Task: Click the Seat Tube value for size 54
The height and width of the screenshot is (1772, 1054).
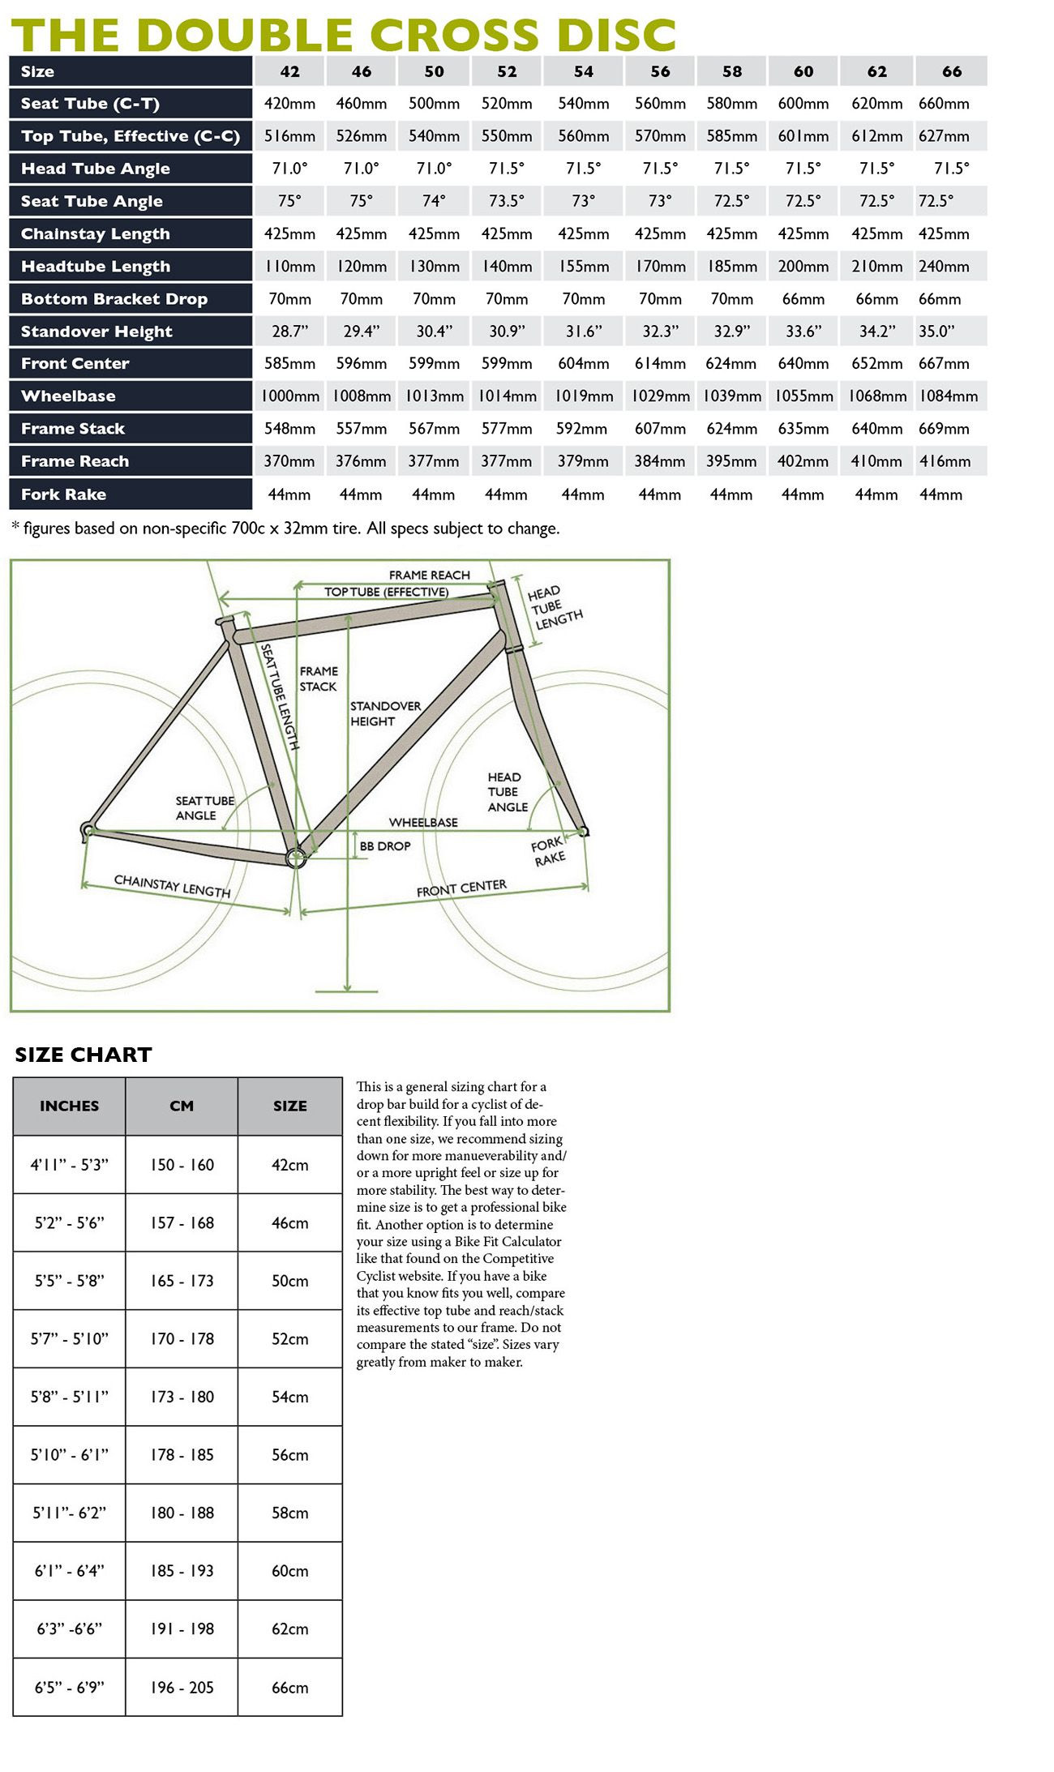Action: click(x=583, y=104)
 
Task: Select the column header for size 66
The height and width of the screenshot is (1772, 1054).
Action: click(x=952, y=71)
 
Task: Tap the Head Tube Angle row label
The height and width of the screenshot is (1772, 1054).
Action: click(x=96, y=169)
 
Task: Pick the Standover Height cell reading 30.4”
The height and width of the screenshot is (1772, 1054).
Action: click(x=434, y=332)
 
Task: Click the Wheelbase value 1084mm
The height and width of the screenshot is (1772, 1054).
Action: click(x=948, y=396)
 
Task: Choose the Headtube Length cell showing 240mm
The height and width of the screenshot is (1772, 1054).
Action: click(x=944, y=267)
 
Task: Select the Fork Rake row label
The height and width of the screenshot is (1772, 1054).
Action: click(x=63, y=494)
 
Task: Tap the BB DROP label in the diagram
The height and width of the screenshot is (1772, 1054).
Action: click(x=385, y=846)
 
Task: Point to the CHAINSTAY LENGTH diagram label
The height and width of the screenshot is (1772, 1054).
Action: click(x=172, y=885)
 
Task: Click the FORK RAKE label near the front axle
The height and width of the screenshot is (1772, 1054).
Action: click(x=548, y=852)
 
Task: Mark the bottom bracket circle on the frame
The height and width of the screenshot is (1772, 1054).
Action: click(x=296, y=856)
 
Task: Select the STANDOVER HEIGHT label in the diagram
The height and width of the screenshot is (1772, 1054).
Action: click(x=384, y=713)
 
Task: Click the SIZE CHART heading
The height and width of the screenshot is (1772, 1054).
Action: click(x=84, y=1055)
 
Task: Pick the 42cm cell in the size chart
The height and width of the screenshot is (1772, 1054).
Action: click(x=289, y=1165)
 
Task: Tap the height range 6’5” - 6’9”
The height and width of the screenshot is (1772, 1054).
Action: click(x=69, y=1687)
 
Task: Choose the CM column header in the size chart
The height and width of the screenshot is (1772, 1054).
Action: click(x=182, y=1106)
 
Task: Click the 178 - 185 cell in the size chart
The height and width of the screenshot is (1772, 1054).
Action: click(x=182, y=1455)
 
